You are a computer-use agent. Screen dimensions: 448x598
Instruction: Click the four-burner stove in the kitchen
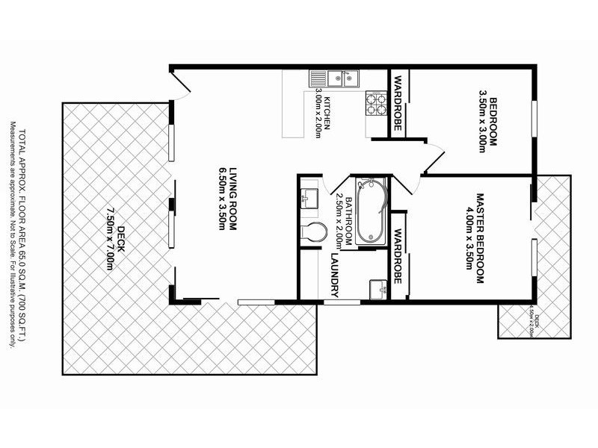coord(375,104)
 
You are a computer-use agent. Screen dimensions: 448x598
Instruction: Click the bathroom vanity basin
coord(309,198)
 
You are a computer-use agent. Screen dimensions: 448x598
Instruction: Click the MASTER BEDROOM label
coord(481,238)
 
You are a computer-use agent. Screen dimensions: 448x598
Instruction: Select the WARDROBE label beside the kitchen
coord(398,105)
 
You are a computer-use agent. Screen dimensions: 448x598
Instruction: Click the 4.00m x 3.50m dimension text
coord(469,238)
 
